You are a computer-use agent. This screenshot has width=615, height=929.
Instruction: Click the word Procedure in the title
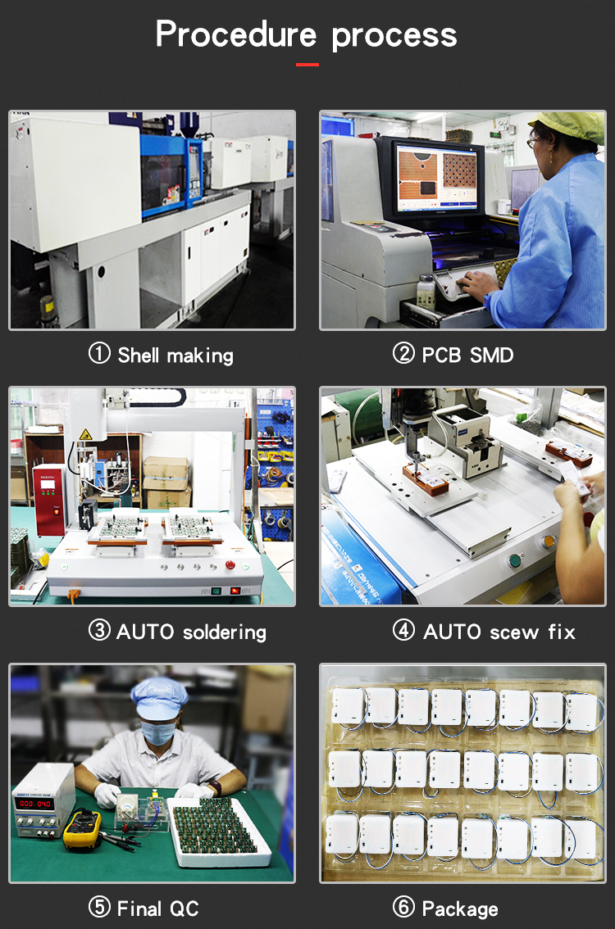pos(236,35)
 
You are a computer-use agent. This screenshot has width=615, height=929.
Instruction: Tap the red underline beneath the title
pos(307,64)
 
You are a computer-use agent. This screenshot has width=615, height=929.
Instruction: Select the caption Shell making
pos(175,356)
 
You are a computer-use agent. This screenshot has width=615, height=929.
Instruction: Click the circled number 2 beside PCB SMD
pos(403,354)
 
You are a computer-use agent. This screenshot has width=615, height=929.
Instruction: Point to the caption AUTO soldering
pos(191,632)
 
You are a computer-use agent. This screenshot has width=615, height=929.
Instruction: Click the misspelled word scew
pos(514,632)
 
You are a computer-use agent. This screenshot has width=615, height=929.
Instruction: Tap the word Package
pos(459,909)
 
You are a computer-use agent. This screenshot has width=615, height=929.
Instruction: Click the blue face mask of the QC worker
pos(157,732)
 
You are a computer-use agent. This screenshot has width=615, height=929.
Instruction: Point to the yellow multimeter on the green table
pos(82,829)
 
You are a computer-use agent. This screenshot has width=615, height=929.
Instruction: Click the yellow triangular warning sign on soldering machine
pos(84,434)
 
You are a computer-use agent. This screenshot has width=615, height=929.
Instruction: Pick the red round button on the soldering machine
pos(230,565)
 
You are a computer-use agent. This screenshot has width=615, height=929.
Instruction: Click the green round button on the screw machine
pos(516,561)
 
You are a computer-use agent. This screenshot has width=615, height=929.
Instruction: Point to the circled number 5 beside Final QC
pos(99,908)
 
